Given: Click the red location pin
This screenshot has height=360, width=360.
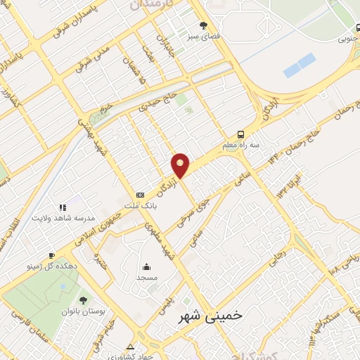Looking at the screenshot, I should coord(181,165).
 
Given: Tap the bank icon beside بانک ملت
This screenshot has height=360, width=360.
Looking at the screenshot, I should coord(140,195).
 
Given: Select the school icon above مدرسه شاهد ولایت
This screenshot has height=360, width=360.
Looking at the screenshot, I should coord(63,207).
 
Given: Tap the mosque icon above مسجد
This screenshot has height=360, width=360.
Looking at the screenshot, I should coord(146,266).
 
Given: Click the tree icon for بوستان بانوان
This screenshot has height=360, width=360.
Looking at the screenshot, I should coord(83,300).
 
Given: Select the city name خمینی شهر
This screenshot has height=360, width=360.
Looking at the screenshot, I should coord(209,316).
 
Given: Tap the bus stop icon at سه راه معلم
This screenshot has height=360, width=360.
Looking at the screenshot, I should coord(241,134).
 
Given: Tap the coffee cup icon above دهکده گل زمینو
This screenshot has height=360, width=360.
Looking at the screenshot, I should coord(51,255).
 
